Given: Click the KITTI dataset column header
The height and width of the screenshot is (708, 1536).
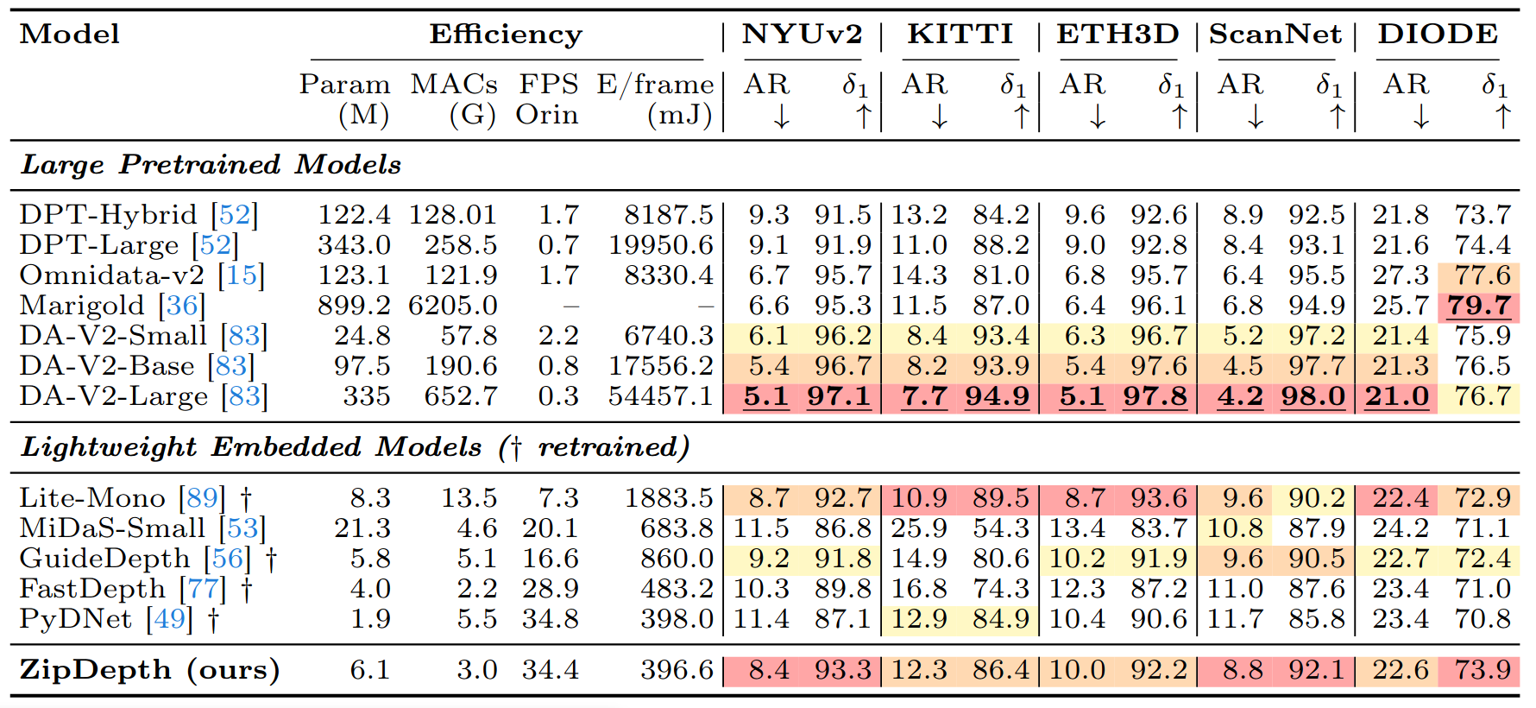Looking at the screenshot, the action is pyautogui.click(x=960, y=35).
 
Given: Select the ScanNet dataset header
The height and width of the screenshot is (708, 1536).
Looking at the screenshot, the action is pyautogui.click(x=1275, y=35).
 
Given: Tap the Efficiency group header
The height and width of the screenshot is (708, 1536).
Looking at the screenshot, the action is pyautogui.click(x=506, y=35).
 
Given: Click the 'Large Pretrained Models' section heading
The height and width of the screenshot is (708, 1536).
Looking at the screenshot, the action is pyautogui.click(x=211, y=164).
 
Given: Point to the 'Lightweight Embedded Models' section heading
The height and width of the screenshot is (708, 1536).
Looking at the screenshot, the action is pyautogui.click(x=251, y=446).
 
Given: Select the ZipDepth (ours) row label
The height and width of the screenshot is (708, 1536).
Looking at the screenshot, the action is pyautogui.click(x=149, y=670).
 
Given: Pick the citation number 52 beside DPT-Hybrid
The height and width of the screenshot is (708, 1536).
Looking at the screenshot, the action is pyautogui.click(x=235, y=214).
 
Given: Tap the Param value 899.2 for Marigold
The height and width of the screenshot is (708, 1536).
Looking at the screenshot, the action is pyautogui.click(x=354, y=306).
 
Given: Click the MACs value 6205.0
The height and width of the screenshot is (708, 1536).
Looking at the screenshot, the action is pyautogui.click(x=453, y=306).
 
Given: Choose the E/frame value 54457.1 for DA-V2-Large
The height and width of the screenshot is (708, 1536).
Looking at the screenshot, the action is pyautogui.click(x=661, y=396).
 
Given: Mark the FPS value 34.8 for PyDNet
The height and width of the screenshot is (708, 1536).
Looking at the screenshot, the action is pyautogui.click(x=550, y=619).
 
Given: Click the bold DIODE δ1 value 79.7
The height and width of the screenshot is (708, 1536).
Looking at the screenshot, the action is pyautogui.click(x=1479, y=306).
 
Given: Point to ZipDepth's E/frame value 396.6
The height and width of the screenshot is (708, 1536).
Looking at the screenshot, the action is pyautogui.click(x=677, y=670).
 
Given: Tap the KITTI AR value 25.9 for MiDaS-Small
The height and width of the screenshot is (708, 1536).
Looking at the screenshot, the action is pyautogui.click(x=919, y=528).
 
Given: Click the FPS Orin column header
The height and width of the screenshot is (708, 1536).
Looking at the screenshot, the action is pyautogui.click(x=548, y=99).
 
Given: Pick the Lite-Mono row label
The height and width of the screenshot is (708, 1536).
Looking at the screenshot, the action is pyautogui.click(x=92, y=498).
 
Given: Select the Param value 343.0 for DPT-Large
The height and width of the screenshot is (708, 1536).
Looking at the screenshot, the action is pyautogui.click(x=354, y=245).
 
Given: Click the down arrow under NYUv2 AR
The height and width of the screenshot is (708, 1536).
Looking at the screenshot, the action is pyautogui.click(x=782, y=117).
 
